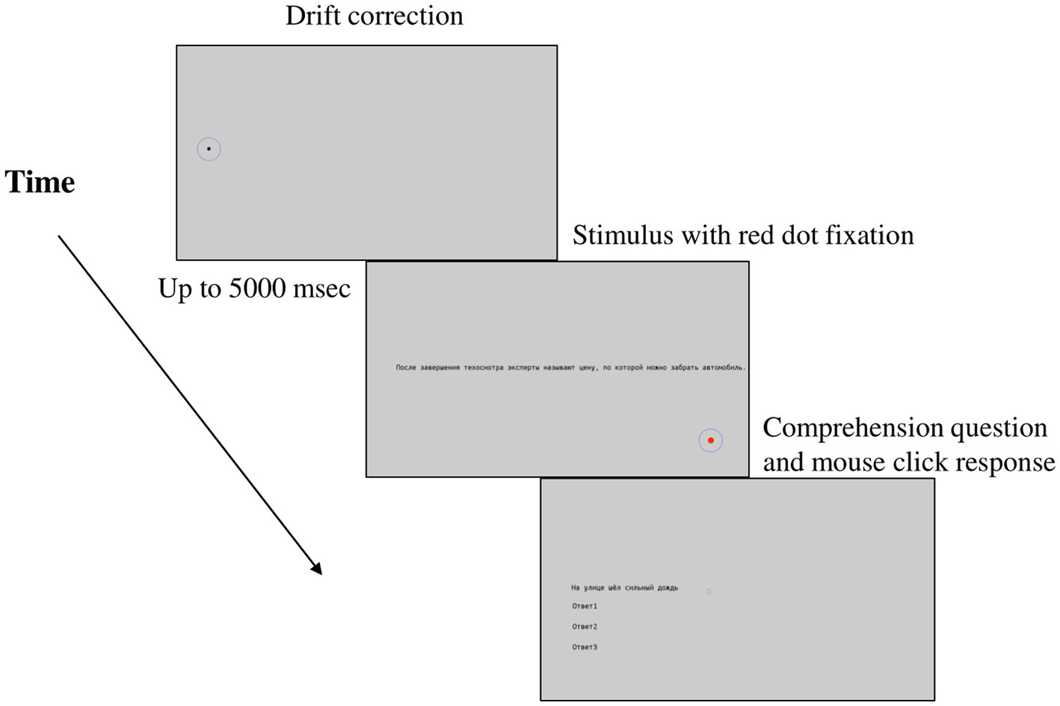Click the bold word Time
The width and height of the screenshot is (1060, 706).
pos(40,182)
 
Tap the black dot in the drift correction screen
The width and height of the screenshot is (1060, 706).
pos(209,149)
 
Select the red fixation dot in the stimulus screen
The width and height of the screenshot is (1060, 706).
pos(710,441)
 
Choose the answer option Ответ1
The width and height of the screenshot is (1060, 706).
pos(585,607)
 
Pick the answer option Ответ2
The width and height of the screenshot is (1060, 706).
pos(585,627)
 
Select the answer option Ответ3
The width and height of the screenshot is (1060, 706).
pos(585,647)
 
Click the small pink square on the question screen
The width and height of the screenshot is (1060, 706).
pos(709,592)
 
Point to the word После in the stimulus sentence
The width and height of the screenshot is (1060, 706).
pos(406,368)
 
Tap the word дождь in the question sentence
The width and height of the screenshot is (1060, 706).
pos(668,588)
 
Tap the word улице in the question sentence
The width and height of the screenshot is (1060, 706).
pos(594,588)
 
